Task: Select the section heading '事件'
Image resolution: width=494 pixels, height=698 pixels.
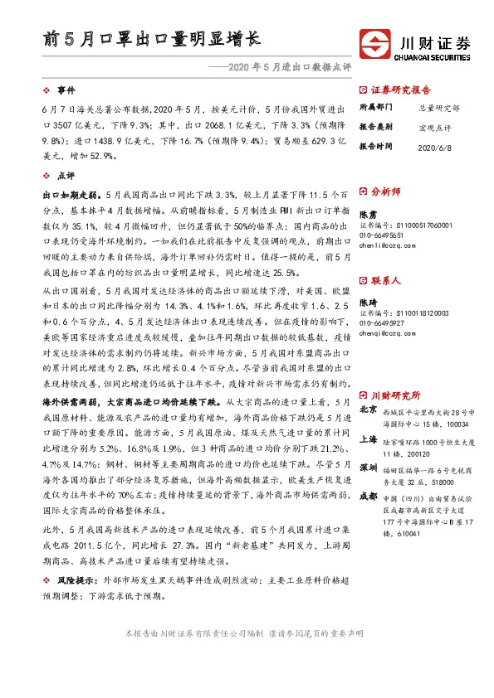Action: point(66,90)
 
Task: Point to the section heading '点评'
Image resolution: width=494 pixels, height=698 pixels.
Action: point(66,175)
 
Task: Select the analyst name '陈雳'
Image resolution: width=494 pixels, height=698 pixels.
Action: point(367,214)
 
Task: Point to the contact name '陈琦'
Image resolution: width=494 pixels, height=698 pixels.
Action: point(367,302)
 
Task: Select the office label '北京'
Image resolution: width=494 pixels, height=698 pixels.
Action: point(368,410)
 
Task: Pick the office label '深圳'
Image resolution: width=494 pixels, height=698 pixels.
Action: point(368,468)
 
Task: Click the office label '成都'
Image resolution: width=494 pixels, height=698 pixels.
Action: point(368,496)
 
